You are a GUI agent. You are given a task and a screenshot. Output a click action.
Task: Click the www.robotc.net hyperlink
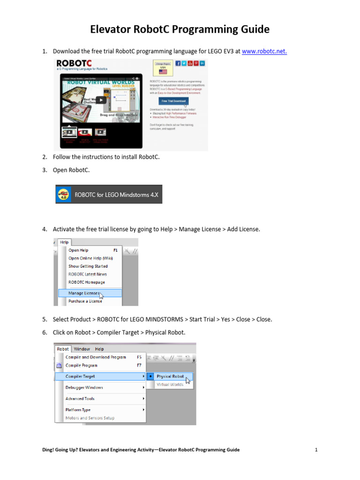(x=264, y=51)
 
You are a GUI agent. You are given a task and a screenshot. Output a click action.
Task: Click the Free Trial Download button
(x=173, y=101)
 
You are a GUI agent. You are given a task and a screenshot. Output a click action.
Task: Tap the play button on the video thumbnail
(x=101, y=99)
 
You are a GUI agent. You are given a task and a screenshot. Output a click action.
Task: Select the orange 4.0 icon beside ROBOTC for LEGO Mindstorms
(x=63, y=194)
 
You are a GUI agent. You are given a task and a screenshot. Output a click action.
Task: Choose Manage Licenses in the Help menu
(x=84, y=293)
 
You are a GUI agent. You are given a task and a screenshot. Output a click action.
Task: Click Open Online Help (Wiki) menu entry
(x=90, y=258)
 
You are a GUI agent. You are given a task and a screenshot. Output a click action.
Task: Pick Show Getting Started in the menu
(x=88, y=266)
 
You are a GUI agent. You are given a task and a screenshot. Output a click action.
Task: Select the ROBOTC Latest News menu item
(x=88, y=274)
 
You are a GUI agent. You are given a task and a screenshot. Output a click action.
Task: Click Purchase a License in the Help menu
(x=85, y=301)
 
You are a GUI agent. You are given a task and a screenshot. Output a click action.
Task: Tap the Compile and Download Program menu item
(x=96, y=357)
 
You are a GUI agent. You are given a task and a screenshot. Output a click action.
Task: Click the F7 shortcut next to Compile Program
(x=139, y=365)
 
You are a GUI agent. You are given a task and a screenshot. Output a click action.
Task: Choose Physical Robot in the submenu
(x=170, y=376)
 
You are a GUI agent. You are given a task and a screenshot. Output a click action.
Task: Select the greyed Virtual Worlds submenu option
(x=170, y=384)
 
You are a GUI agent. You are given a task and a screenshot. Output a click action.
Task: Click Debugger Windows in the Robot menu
(x=84, y=388)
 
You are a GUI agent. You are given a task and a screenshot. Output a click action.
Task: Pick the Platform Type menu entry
(x=78, y=410)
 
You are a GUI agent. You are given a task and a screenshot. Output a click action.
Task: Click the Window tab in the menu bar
(x=82, y=349)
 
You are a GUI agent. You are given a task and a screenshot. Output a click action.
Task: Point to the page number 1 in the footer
(x=316, y=450)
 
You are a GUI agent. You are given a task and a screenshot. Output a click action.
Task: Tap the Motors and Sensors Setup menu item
(x=90, y=418)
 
